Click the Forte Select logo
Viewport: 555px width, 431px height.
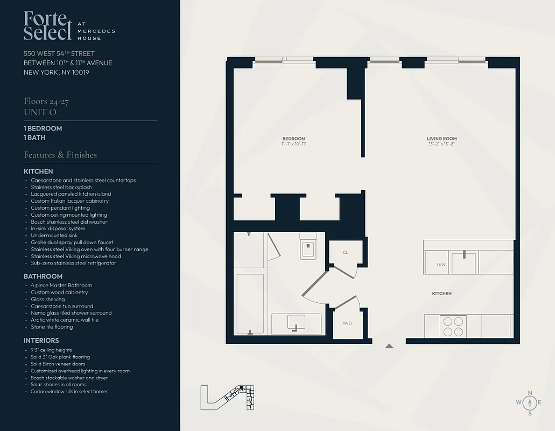coord(47,26)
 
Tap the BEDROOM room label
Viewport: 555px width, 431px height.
coord(293,138)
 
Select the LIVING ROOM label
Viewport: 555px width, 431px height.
coord(442,138)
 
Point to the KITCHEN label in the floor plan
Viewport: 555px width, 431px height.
coord(441,294)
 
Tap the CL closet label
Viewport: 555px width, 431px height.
coord(345,252)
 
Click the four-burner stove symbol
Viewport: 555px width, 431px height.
coord(452,325)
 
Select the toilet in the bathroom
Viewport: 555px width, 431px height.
coord(308,248)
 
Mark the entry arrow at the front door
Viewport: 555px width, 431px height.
coord(389,346)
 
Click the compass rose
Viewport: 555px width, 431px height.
coord(530,402)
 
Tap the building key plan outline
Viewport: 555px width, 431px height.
coord(227,398)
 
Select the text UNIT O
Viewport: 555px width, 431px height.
coord(40,112)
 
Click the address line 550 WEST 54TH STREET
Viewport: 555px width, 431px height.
coord(59,53)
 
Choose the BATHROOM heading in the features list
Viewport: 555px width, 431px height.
coord(43,276)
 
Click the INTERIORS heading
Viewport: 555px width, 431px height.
coord(41,340)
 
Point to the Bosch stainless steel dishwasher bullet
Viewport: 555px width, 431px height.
coord(69,222)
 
